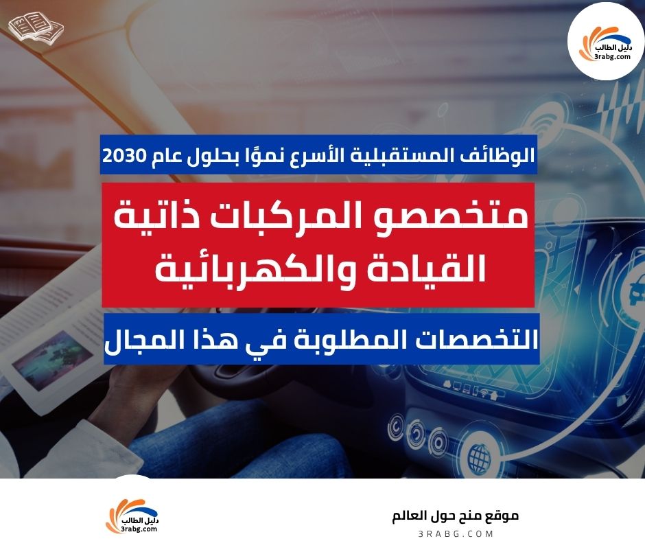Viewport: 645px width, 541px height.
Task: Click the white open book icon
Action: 36,27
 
